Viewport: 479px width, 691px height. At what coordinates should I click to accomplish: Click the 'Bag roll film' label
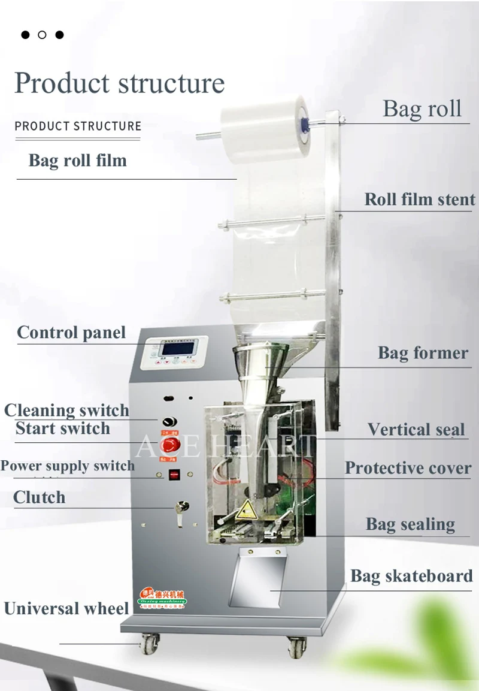[78, 161]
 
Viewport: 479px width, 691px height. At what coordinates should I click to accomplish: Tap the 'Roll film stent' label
[420, 200]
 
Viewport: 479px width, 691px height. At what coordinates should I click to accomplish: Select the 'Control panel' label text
[71, 333]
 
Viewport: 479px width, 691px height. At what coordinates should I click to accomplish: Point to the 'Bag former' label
[423, 353]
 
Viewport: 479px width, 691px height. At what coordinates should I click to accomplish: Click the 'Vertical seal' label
[416, 429]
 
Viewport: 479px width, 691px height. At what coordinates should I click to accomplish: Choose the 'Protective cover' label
[408, 468]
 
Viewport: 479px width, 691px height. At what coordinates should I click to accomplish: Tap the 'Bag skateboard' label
[411, 576]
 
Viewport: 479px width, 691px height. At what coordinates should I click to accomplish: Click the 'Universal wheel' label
[66, 608]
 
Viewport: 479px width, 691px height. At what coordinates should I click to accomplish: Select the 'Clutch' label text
[40, 497]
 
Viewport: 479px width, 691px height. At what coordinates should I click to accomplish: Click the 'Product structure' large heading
[119, 83]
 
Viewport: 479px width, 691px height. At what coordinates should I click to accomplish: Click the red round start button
[171, 445]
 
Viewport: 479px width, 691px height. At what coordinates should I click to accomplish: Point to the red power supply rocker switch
[174, 475]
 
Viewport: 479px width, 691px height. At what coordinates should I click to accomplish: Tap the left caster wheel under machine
[148, 644]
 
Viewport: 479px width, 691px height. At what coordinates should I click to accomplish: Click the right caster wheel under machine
[296, 647]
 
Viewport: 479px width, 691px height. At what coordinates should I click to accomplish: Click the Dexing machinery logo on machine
[162, 596]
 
